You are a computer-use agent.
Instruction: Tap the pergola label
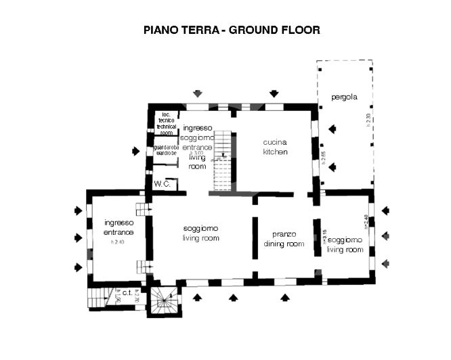(344, 97)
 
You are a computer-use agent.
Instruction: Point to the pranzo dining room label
(284, 239)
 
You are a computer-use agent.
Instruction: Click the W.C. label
(162, 184)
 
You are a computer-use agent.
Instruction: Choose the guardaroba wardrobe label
(166, 150)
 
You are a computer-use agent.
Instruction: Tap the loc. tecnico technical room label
(166, 122)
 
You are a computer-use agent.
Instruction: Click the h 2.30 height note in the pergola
(368, 120)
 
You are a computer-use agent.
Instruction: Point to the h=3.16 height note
(324, 236)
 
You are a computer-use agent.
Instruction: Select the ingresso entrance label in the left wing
(119, 227)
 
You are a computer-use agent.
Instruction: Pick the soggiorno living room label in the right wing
(345, 244)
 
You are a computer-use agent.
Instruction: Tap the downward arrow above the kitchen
(274, 93)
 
